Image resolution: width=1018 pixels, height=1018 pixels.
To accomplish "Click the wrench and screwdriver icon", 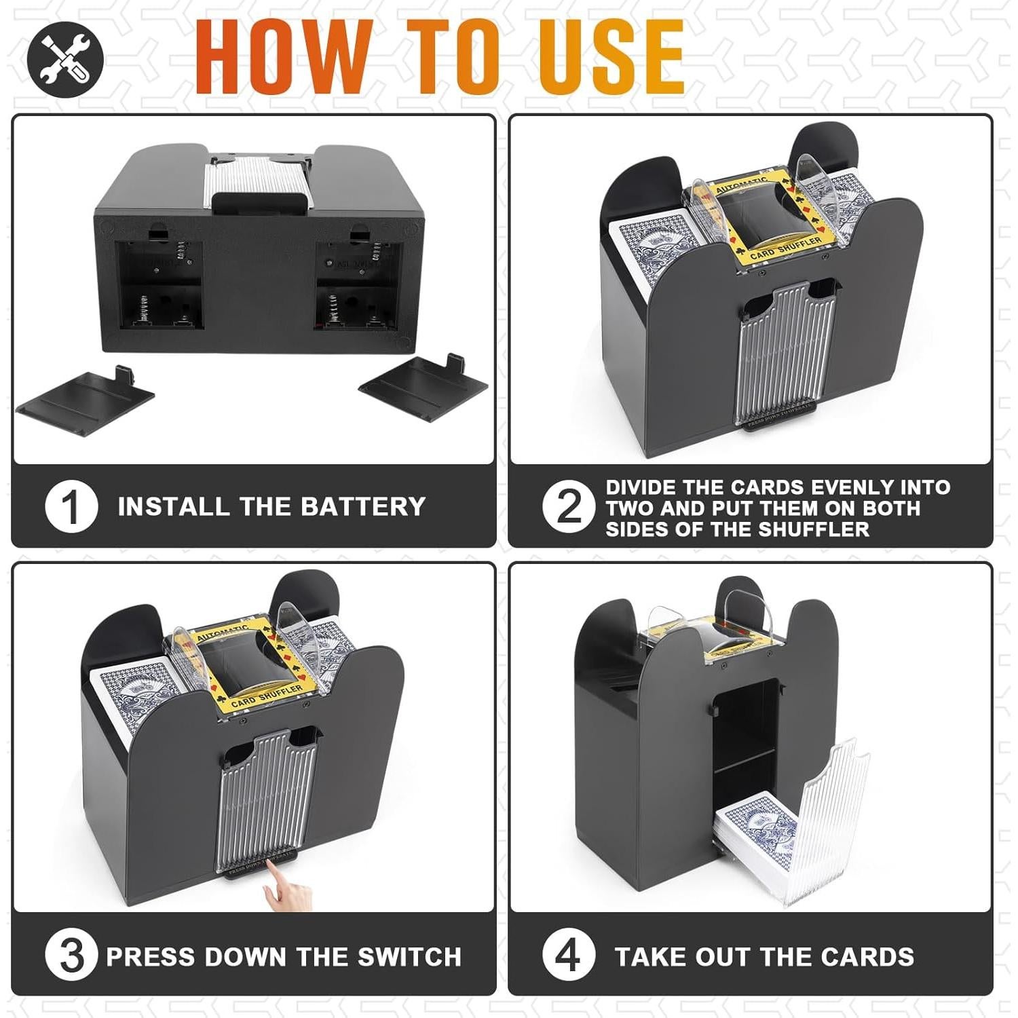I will [x=65, y=59].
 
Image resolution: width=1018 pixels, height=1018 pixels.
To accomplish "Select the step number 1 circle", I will [x=71, y=506].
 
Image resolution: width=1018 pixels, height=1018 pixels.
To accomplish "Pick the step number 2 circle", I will [x=568, y=506].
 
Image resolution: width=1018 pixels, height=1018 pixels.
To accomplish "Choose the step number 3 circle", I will [x=71, y=955].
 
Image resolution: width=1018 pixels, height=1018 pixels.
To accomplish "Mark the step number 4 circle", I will [x=568, y=955].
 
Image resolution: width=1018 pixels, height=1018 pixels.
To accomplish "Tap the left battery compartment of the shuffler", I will [x=161, y=286].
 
